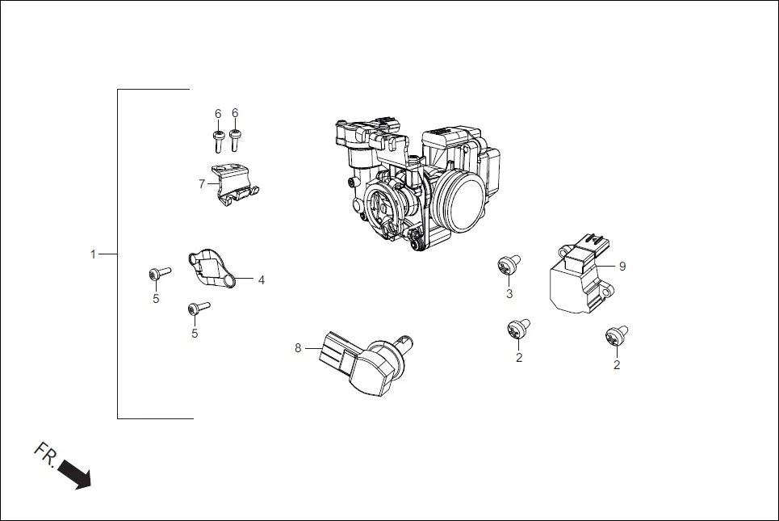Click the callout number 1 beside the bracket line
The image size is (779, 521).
click(93, 254)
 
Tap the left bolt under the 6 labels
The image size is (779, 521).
click(218, 141)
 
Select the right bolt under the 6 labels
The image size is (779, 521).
click(235, 141)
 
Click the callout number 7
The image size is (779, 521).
click(202, 184)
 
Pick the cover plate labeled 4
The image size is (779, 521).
click(212, 269)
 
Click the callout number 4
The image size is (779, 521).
click(261, 280)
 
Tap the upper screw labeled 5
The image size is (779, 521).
click(159, 274)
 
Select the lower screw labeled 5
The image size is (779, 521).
click(198, 308)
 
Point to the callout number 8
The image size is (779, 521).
click(298, 348)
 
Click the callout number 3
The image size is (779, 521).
click(509, 294)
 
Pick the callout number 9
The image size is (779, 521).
click(622, 265)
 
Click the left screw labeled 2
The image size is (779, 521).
click(517, 329)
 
